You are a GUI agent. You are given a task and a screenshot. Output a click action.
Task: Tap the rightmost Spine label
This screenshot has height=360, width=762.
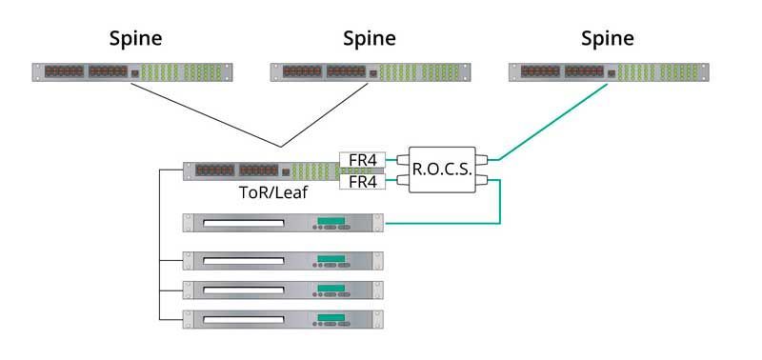pyautogui.click(x=606, y=39)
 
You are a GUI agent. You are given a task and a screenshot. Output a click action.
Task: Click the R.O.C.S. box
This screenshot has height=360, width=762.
pyautogui.click(x=439, y=170)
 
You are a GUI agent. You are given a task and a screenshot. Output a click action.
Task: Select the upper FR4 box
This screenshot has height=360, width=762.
pyautogui.click(x=362, y=159)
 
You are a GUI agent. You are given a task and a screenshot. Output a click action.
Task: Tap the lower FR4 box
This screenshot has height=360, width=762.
pyautogui.click(x=362, y=180)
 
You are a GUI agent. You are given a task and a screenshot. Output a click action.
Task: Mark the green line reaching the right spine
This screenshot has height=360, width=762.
pyautogui.click(x=552, y=122)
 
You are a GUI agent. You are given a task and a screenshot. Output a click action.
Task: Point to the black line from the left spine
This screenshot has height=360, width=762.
pyautogui.click(x=205, y=115)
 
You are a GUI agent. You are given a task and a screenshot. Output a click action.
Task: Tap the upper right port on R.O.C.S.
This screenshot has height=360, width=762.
pyautogui.click(x=483, y=159)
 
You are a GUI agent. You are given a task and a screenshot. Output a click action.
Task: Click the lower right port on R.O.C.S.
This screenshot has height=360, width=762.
pyautogui.click(x=483, y=180)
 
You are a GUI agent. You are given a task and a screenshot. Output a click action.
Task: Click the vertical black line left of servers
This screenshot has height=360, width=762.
pyautogui.click(x=157, y=248)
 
